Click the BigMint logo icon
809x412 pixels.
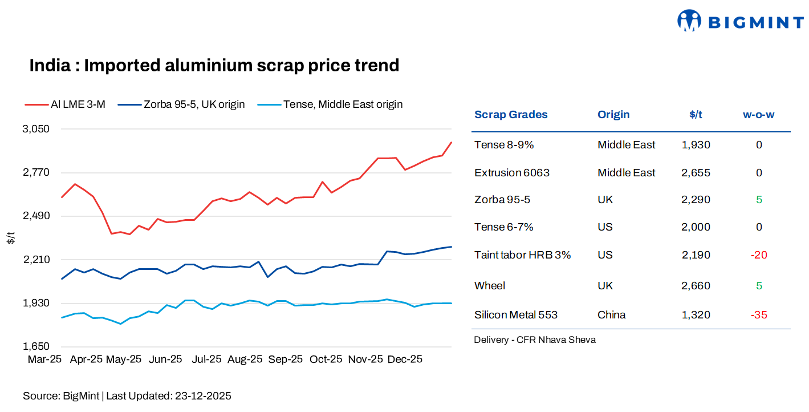tap(688, 21)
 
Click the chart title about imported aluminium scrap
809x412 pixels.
tap(214, 66)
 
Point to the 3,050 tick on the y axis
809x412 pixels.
tap(35, 129)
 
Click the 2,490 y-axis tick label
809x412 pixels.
tap(35, 216)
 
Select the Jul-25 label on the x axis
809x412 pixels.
tap(206, 360)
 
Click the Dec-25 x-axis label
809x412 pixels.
tap(405, 360)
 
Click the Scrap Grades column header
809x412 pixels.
tap(511, 115)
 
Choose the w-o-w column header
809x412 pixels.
tap(758, 115)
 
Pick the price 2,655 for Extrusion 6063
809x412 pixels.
tap(696, 173)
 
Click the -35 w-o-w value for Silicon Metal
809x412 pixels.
tap(758, 315)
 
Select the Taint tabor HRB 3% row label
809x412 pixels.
tap(522, 255)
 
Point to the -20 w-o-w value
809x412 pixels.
tap(758, 255)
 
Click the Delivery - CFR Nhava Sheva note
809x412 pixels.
tap(534, 340)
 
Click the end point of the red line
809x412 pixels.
tap(452, 143)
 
